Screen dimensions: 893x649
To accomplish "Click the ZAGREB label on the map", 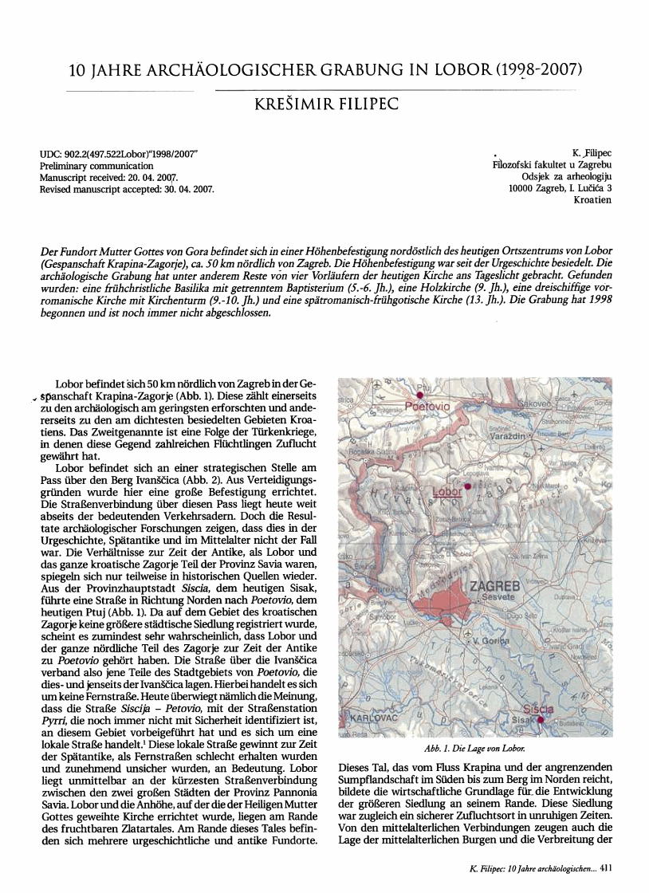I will tap(495, 588).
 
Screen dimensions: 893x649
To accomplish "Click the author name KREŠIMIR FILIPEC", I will tap(325, 104).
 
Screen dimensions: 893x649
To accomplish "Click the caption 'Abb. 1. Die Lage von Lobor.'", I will tap(476, 749).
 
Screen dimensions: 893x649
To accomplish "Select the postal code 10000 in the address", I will tap(525, 188).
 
